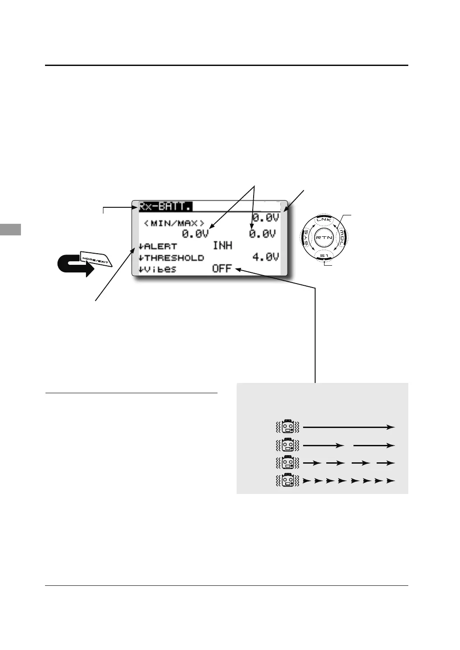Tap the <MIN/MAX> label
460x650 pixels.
click(174, 223)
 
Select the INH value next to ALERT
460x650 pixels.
click(222, 245)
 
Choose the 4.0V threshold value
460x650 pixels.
click(266, 257)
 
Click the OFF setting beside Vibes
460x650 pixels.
click(222, 269)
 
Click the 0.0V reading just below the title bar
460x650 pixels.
click(266, 218)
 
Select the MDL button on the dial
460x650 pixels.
click(342, 238)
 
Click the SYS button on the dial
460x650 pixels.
click(306, 238)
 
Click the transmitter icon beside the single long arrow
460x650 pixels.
click(289, 427)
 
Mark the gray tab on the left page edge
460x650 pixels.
click(10, 230)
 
